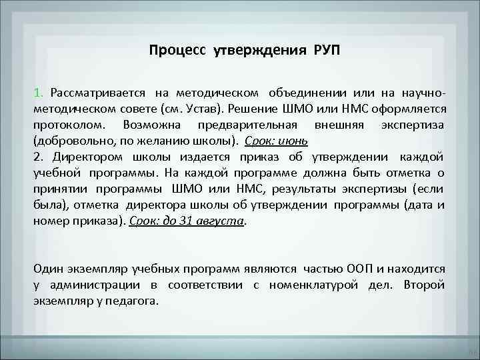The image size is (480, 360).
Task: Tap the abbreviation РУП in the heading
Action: point(325,51)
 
